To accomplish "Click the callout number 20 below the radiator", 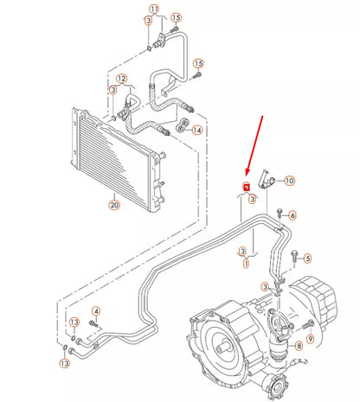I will (113, 205).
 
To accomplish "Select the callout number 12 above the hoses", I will (122, 79).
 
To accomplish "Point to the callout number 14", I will (198, 130).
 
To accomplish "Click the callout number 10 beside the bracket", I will (289, 180).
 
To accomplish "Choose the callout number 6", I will (292, 215).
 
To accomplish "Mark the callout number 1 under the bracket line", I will (245, 262).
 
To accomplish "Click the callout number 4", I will (96, 310).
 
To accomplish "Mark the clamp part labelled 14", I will (183, 127).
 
